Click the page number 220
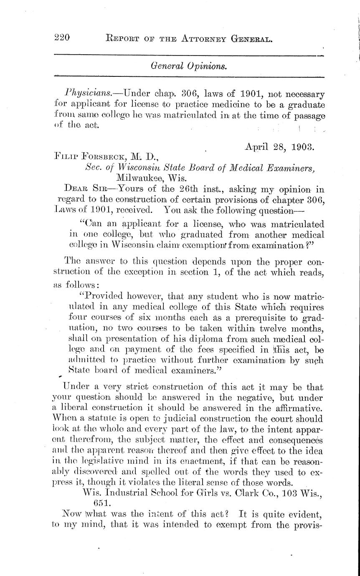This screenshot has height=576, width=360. click(x=62, y=39)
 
